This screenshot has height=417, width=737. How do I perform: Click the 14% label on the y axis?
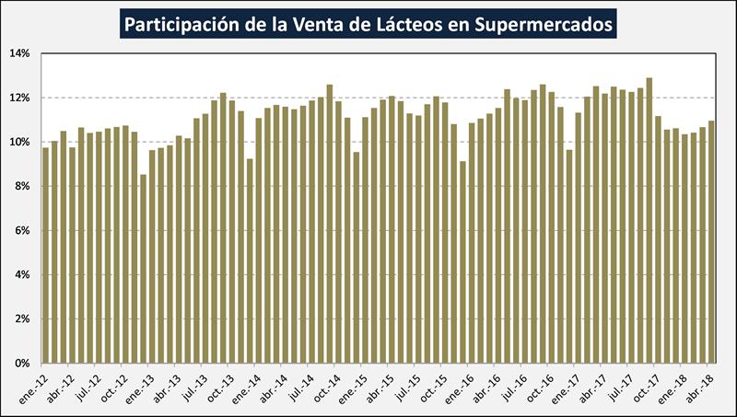point(20,53)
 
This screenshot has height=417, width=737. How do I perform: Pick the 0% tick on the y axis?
point(23,363)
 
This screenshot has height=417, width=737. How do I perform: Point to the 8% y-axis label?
point(23,186)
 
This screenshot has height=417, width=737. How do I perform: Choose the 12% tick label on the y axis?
point(20,98)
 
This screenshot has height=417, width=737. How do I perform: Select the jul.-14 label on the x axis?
point(304,382)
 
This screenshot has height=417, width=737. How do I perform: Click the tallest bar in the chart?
point(649,221)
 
